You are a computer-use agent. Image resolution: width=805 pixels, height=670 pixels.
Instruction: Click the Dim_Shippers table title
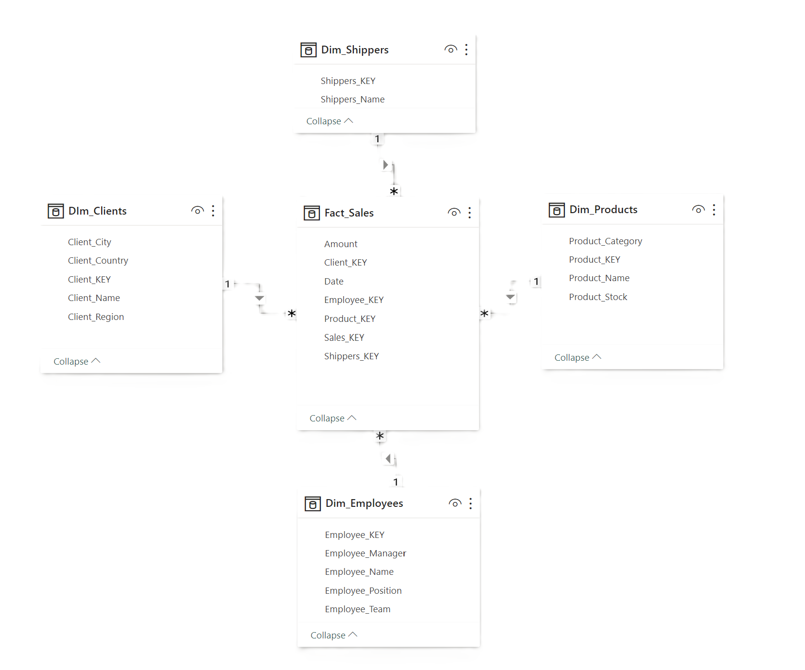(354, 50)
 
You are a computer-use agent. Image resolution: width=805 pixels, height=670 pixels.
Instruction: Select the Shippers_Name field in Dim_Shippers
(352, 100)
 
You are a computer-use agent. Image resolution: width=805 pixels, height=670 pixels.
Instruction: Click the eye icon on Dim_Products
(698, 210)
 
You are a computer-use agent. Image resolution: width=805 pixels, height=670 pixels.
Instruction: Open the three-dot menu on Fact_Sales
(470, 213)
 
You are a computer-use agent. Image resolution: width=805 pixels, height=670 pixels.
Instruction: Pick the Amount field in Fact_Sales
(340, 244)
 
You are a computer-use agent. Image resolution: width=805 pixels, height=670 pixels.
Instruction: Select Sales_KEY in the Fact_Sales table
(344, 337)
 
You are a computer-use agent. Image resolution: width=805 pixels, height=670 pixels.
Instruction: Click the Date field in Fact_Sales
(333, 282)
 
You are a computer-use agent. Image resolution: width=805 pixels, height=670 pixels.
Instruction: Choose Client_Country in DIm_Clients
(98, 261)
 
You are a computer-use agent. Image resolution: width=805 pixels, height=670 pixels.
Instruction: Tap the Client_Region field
(96, 317)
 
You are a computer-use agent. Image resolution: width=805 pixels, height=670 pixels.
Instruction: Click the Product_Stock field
(597, 297)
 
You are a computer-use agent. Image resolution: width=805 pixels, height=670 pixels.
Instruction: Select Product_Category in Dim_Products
(605, 241)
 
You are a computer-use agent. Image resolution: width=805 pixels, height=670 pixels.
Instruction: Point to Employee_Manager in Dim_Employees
(365, 553)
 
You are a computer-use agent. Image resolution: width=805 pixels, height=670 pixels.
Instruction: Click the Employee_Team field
(357, 609)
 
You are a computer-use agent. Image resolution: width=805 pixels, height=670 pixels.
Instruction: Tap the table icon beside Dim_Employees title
(313, 504)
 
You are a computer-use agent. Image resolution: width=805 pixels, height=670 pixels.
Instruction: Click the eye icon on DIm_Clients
(197, 211)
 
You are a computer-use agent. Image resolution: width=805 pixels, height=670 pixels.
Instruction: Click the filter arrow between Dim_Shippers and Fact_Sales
(385, 165)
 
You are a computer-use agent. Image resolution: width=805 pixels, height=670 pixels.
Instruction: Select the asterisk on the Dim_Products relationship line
(484, 314)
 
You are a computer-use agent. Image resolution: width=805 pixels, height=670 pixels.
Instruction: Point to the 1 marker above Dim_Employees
(396, 482)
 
